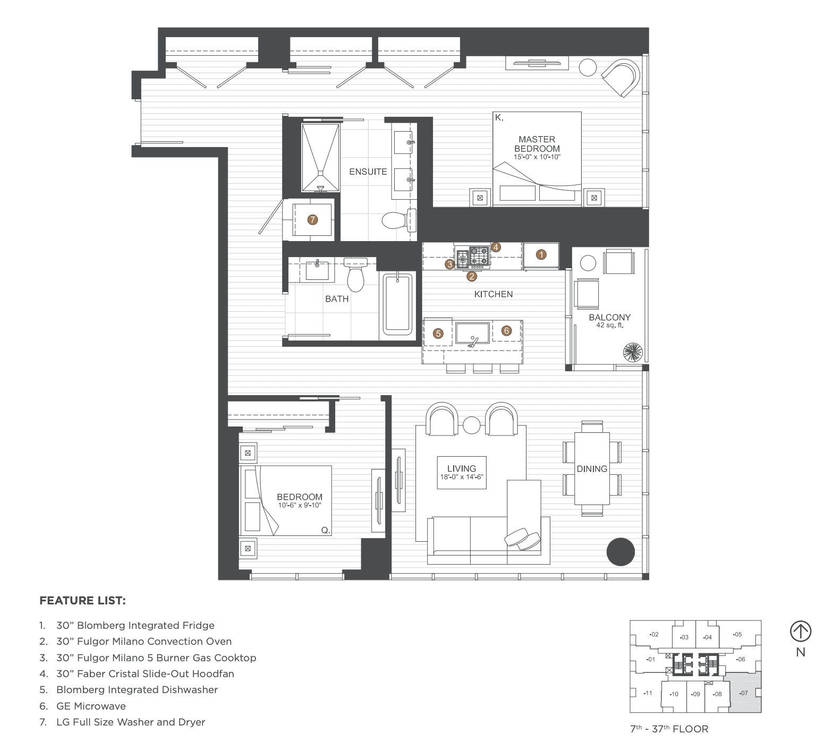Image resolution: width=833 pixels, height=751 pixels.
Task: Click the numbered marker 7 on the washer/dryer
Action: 313,219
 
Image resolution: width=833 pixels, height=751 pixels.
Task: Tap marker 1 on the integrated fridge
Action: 541,254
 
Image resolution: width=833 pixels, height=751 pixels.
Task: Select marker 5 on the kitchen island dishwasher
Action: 438,334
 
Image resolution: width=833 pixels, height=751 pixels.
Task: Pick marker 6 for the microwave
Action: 506,330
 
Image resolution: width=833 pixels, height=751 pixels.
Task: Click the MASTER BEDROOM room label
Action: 537,144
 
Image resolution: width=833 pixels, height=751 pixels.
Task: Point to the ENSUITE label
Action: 368,172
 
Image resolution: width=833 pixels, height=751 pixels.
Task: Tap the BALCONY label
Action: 609,318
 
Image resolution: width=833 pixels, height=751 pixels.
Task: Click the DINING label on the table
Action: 592,468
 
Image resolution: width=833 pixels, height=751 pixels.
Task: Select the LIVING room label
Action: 461,468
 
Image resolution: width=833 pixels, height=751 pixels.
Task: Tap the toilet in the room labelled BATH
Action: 355,272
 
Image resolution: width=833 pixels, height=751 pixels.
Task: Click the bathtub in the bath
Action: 397,304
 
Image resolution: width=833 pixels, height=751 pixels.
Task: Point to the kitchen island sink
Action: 472,334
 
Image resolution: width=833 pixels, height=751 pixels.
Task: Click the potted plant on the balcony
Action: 633,353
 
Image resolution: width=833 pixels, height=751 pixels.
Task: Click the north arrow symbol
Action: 800,631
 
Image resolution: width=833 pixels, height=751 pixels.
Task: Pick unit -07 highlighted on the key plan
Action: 744,693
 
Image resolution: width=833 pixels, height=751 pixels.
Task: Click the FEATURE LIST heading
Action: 82,601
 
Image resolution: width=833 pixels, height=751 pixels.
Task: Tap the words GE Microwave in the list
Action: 91,706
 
